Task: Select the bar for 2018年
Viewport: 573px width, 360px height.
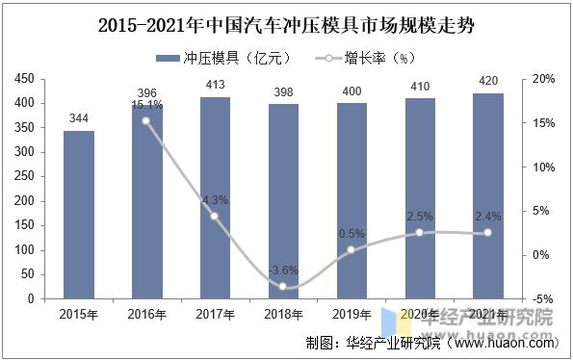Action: coord(283,201)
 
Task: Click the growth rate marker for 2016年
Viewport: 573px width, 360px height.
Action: coord(146,121)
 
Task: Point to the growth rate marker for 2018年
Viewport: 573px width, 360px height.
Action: coord(283,286)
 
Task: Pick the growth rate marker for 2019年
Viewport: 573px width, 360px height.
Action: coord(352,250)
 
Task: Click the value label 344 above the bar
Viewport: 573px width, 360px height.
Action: coord(79,118)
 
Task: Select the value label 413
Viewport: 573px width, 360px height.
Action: coord(215,86)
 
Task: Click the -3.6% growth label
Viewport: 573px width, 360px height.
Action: coord(282,270)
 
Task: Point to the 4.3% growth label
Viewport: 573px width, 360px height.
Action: coord(216,200)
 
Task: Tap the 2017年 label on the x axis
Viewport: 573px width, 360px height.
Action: coord(215,315)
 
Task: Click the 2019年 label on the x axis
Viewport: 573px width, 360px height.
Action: coord(352,315)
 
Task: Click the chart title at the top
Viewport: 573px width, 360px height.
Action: coord(286,21)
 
